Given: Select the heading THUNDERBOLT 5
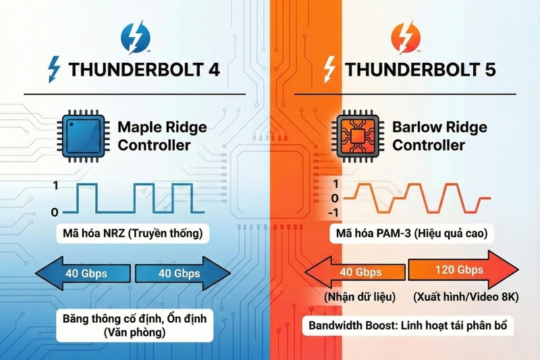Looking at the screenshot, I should (416, 70).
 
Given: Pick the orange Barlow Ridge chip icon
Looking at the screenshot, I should (358, 135).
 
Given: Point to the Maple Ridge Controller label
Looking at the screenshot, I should (162, 135).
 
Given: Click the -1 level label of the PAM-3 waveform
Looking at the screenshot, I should (331, 213).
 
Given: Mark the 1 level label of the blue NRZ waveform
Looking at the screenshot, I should (55, 185).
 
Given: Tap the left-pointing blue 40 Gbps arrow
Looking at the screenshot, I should (84, 273).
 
